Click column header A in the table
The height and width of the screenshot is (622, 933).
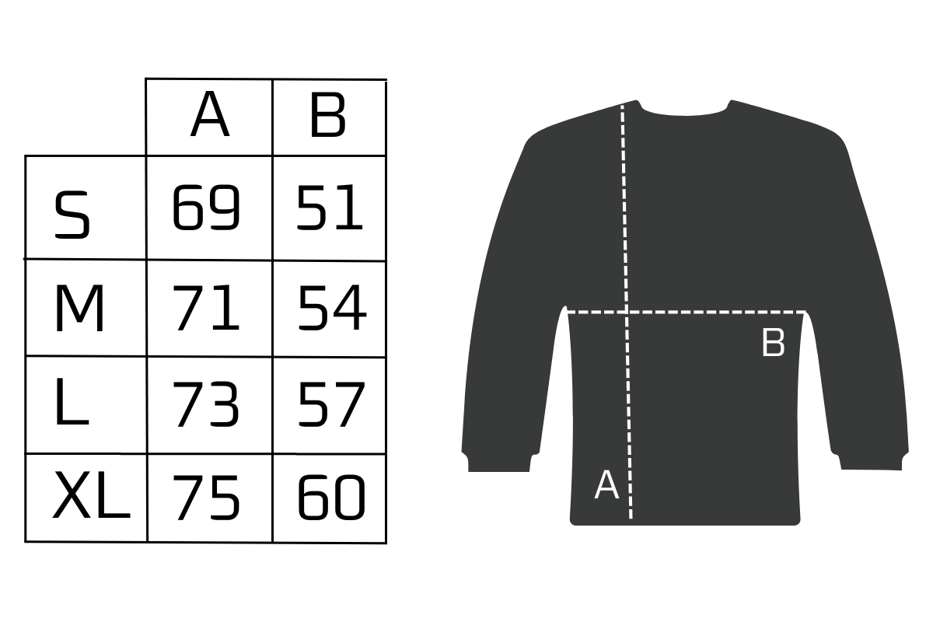[210, 114]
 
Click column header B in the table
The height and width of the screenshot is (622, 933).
[328, 114]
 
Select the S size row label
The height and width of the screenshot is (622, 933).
[72, 215]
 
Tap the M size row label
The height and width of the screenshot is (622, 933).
[79, 309]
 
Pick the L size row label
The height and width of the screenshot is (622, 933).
[72, 402]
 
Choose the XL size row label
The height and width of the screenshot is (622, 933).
[92, 495]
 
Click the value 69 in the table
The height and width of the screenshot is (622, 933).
[206, 207]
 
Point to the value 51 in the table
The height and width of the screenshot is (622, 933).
[330, 207]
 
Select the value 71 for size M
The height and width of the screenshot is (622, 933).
[206, 308]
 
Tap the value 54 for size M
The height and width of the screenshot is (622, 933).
[332, 308]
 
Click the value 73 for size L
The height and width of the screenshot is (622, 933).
[206, 404]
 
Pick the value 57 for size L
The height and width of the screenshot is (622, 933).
[331, 404]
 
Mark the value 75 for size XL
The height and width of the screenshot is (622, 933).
[206, 498]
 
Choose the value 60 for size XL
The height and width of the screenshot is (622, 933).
[331, 498]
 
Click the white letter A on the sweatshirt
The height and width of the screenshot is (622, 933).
[606, 484]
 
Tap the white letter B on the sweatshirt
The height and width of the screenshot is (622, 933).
[774, 342]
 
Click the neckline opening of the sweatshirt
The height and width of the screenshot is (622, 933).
[684, 109]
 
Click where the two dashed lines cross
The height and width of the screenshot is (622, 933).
[627, 312]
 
